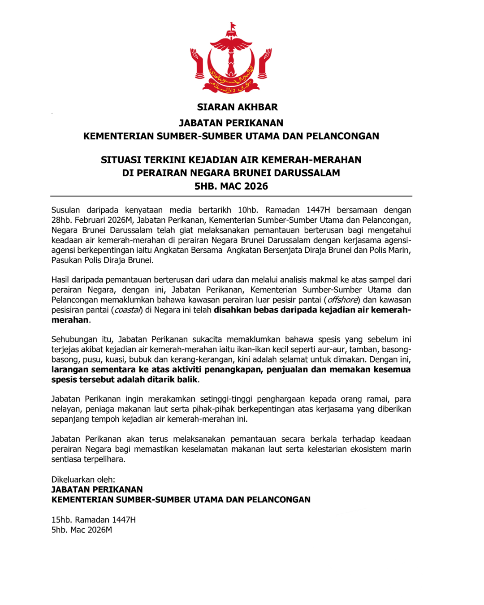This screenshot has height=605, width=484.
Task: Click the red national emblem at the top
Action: pyautogui.click(x=231, y=58)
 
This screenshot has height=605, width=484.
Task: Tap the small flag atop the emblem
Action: pyautogui.click(x=232, y=26)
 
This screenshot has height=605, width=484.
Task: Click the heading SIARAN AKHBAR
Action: pyautogui.click(x=237, y=107)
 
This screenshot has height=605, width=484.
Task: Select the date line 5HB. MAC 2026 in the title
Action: pyautogui.click(x=231, y=186)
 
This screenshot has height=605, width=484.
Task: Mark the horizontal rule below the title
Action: pyautogui.click(x=231, y=196)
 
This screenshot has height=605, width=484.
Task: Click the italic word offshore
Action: pyautogui.click(x=343, y=300)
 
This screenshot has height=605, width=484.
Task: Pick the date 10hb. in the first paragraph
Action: pyautogui.click(x=247, y=210)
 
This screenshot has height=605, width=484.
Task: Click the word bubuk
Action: pyautogui.click(x=140, y=359)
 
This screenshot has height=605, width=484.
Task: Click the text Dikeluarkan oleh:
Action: pyautogui.click(x=83, y=480)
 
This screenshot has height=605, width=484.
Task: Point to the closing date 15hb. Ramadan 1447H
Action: pyautogui.click(x=94, y=520)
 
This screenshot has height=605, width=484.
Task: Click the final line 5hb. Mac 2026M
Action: pyautogui.click(x=82, y=530)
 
